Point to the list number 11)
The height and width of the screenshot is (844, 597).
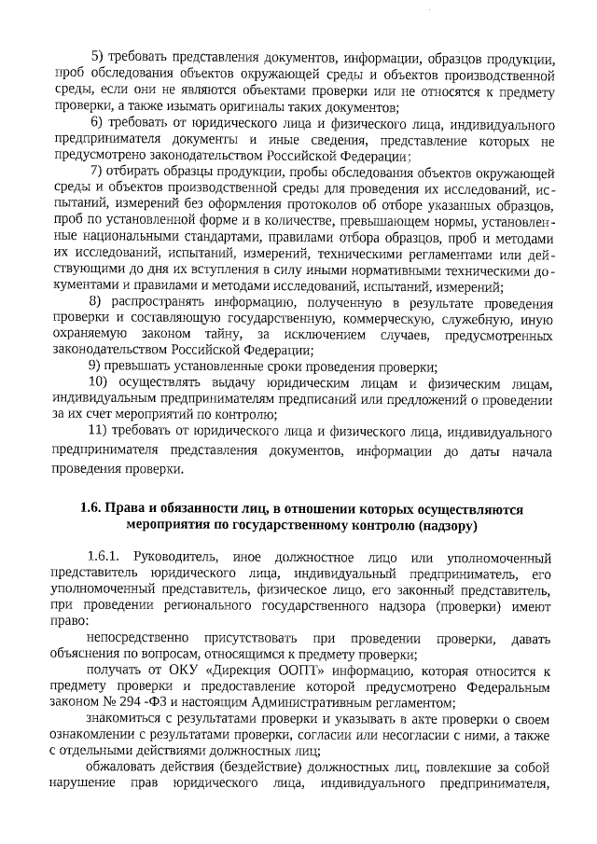(98, 433)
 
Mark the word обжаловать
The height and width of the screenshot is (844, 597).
(118, 768)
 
